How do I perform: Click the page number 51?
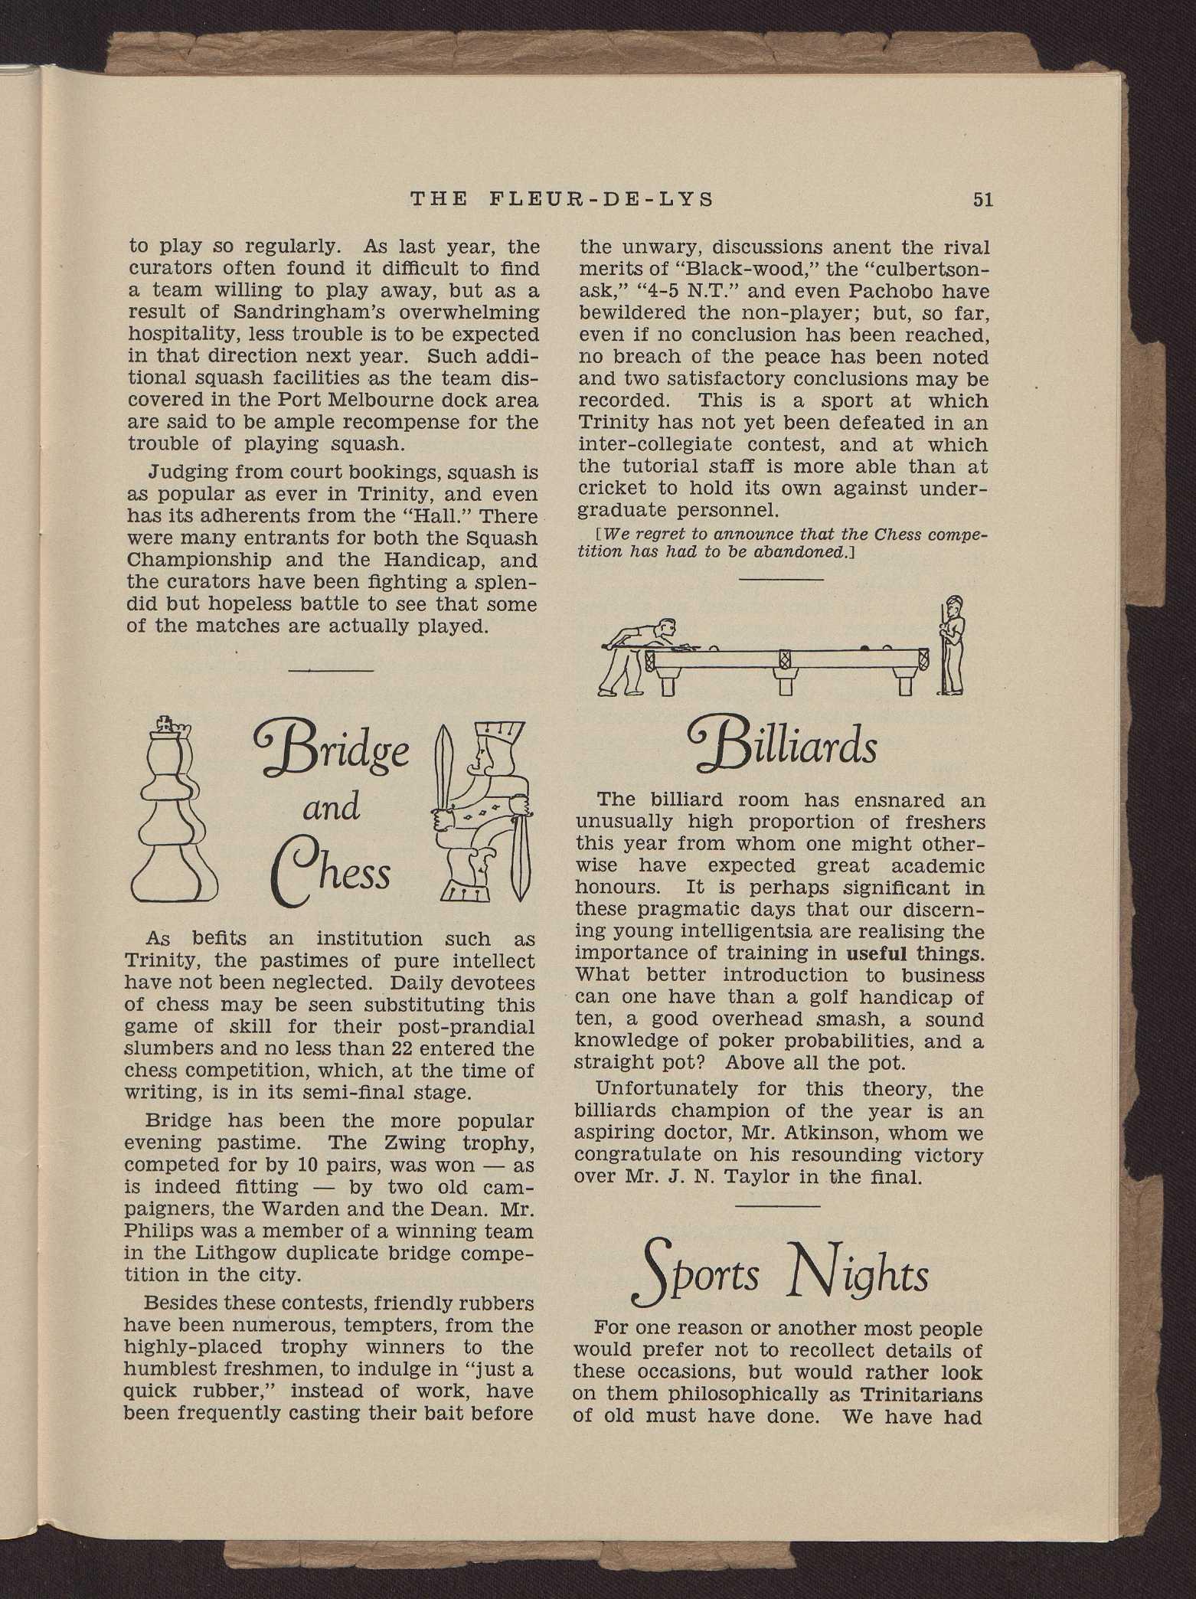coord(982,200)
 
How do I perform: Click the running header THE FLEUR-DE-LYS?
coord(562,200)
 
